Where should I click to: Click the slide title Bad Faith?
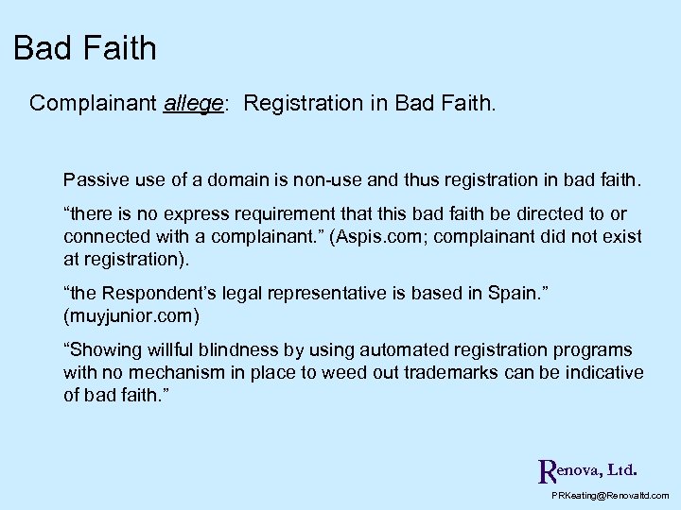[85, 48]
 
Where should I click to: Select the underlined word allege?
[192, 103]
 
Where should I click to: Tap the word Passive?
[92, 178]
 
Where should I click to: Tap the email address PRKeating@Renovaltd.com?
[610, 496]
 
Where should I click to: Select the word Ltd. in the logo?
[621, 468]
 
